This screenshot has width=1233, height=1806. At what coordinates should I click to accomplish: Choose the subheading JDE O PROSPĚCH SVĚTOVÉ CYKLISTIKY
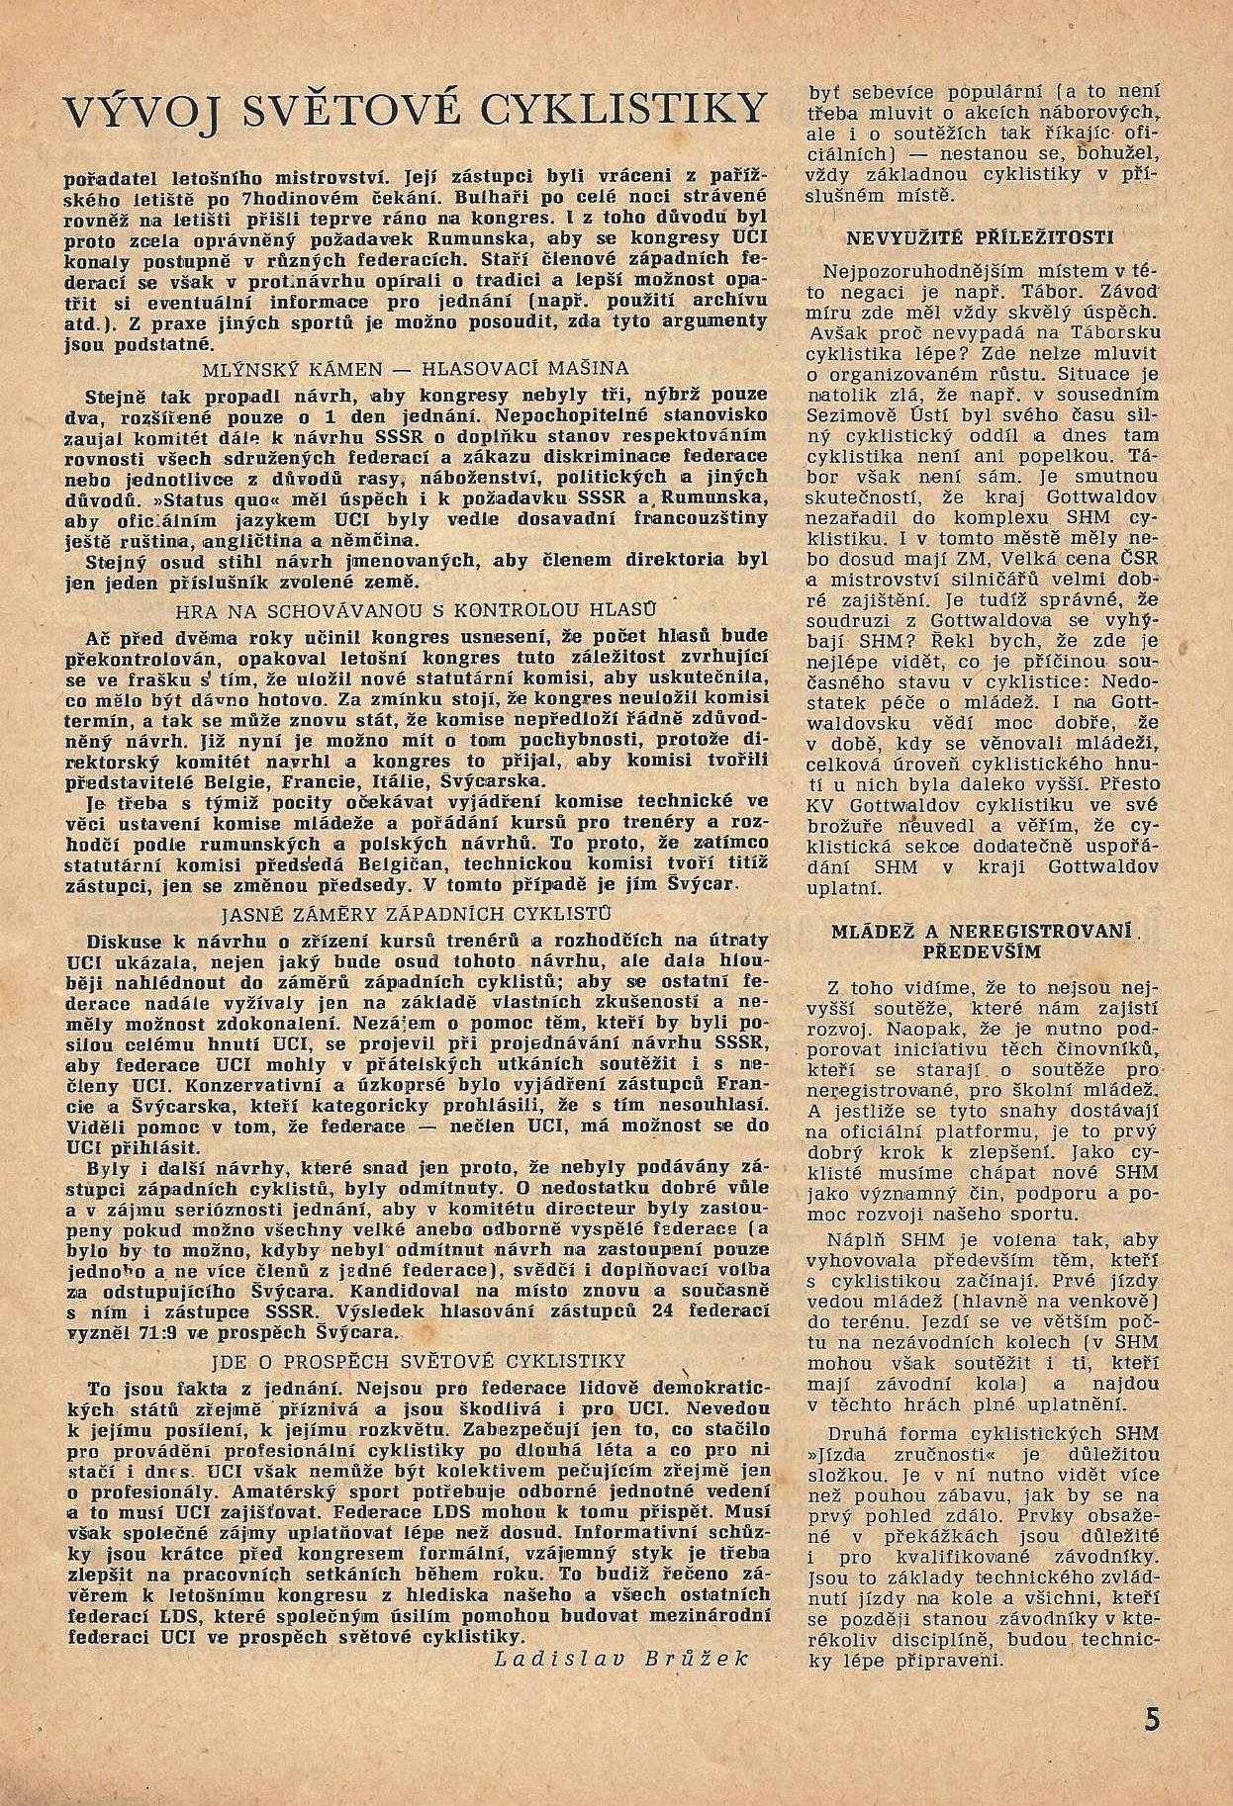point(416,1361)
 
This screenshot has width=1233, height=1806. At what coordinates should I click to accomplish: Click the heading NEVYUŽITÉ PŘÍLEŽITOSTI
point(981,238)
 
